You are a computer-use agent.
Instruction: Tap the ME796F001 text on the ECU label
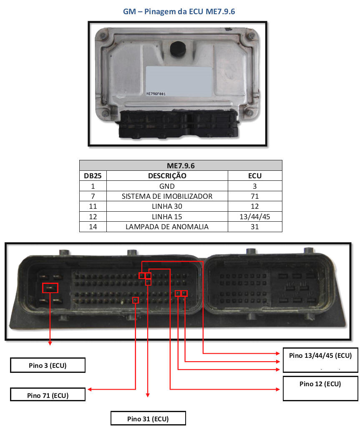coord(156,94)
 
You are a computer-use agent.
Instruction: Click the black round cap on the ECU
coord(177,49)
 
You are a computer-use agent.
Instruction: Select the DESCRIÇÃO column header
coord(167,176)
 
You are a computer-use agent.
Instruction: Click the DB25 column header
coord(93,176)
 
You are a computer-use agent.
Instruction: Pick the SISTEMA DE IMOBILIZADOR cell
coord(167,196)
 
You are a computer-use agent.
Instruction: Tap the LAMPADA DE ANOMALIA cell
coord(167,227)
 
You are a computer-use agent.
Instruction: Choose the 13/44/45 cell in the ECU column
coord(255,217)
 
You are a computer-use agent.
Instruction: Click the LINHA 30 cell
coord(167,206)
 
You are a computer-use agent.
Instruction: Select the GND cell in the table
coord(167,186)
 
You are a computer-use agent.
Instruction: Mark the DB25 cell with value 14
coord(93,227)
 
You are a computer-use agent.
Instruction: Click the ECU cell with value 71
coord(255,196)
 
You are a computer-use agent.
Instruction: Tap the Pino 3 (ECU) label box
coord(48,365)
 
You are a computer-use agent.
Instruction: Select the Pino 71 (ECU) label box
coord(48,395)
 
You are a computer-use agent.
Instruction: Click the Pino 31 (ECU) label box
coord(148,418)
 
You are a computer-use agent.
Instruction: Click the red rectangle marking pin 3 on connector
coord(50,287)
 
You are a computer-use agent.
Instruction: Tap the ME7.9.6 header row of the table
coord(180,165)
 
